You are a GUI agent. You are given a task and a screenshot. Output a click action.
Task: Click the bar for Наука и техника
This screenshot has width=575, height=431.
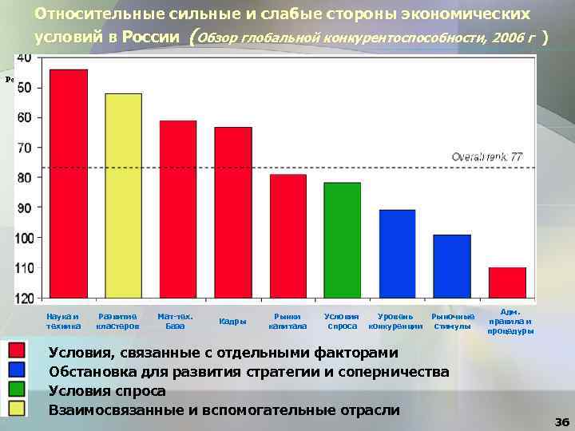click(x=69, y=184)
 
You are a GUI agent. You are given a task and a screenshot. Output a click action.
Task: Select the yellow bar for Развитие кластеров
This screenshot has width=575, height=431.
click(x=123, y=196)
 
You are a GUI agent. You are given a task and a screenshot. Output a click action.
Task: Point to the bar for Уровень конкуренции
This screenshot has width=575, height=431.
click(x=397, y=255)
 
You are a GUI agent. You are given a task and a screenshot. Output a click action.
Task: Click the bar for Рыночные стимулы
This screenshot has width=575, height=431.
click(x=451, y=267)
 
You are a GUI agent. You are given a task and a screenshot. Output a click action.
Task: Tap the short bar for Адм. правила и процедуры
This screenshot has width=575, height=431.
click(x=506, y=283)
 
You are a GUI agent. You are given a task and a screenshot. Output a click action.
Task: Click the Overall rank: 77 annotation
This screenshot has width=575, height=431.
click(x=487, y=157)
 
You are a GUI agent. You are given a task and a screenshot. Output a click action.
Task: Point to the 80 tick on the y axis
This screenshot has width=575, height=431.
click(x=24, y=177)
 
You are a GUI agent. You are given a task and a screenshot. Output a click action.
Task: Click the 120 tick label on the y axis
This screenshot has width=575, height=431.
click(x=24, y=298)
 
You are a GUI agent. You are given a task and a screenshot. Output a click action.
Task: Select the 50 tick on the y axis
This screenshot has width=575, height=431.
click(x=24, y=87)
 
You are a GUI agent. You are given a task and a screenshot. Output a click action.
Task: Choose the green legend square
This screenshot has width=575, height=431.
click(x=17, y=390)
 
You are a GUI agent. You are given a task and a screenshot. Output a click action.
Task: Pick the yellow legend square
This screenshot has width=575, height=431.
click(x=17, y=409)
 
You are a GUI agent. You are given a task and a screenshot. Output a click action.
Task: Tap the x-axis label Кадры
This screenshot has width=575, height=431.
click(x=232, y=321)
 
